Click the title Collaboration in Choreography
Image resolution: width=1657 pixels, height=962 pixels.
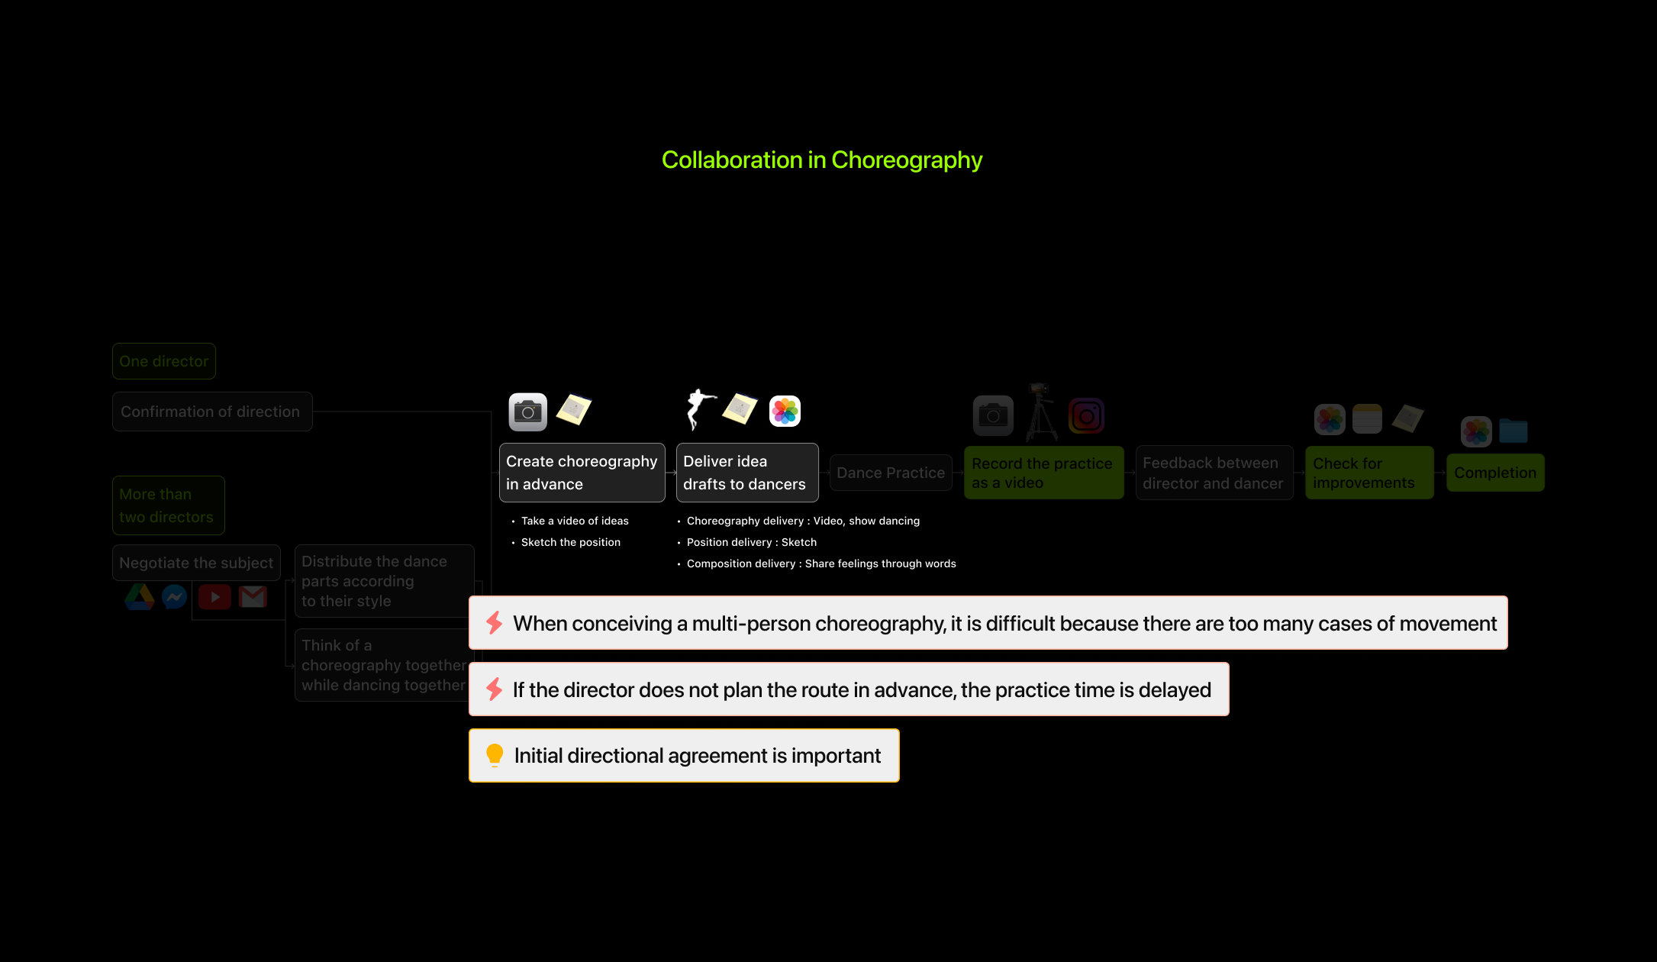(x=821, y=160)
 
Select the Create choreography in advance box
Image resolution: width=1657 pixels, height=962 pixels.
(x=582, y=473)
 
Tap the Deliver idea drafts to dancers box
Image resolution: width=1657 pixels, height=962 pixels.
(x=746, y=473)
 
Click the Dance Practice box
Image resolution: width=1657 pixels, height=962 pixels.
(x=890, y=473)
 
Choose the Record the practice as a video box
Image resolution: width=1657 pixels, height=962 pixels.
(x=1043, y=473)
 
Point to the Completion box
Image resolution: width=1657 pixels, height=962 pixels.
(x=1494, y=473)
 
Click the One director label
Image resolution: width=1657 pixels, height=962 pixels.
(x=163, y=361)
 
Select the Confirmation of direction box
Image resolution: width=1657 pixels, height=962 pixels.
(x=211, y=412)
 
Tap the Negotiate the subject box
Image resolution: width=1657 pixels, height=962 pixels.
(x=196, y=563)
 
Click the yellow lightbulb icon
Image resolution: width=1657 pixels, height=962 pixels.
(x=495, y=755)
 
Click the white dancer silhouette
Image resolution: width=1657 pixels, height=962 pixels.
(x=698, y=408)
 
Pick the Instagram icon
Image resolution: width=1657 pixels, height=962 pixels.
(x=1086, y=416)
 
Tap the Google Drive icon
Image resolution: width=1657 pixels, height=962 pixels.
(x=140, y=596)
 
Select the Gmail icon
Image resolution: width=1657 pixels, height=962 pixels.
(x=253, y=596)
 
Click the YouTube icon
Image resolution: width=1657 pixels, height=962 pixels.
(x=214, y=596)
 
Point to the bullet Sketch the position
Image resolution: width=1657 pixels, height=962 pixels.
(x=570, y=542)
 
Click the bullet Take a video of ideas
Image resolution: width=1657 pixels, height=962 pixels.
(x=574, y=521)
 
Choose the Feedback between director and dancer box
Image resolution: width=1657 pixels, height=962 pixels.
(x=1214, y=473)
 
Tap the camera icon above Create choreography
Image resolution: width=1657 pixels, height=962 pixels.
(x=527, y=412)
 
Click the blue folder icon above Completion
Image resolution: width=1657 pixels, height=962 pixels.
(x=1513, y=431)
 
